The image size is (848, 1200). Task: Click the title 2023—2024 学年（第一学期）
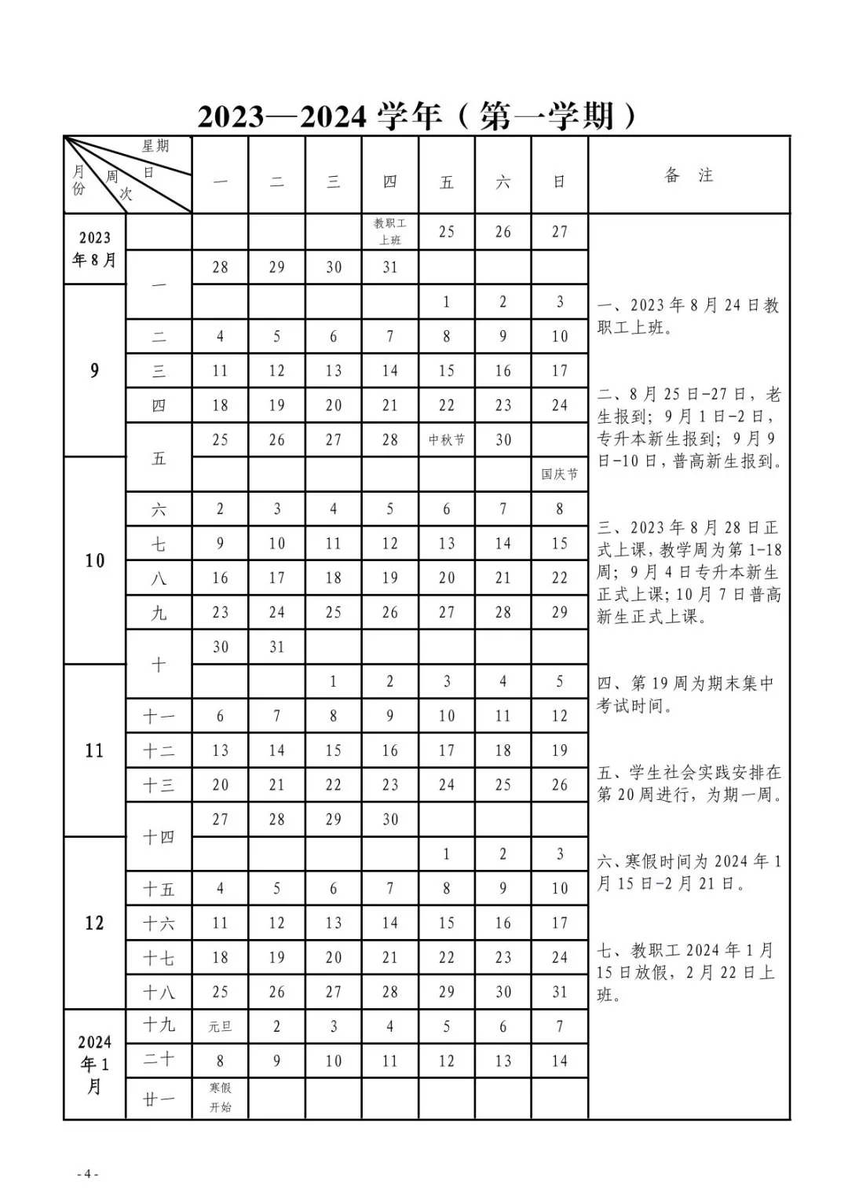[x=417, y=117]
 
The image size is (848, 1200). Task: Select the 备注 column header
[x=689, y=175]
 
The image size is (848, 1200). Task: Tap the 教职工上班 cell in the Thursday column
[x=390, y=232]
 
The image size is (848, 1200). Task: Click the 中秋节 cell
[x=447, y=440]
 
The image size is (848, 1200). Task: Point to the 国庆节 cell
[x=559, y=474]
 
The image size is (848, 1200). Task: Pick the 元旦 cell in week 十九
[x=220, y=1026]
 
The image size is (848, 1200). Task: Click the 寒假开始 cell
[x=220, y=1098]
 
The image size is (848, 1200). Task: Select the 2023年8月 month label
[x=94, y=248]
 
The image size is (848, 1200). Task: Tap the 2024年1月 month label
[x=94, y=1064]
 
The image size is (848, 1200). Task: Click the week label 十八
[x=159, y=993]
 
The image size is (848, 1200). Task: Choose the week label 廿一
[x=159, y=1098]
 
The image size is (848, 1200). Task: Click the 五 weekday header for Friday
[x=447, y=182]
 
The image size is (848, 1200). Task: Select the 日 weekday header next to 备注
[x=559, y=182]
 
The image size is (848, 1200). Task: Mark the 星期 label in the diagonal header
[x=155, y=146]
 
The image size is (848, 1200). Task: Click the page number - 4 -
[x=87, y=1174]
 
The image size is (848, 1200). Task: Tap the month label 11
[x=94, y=750]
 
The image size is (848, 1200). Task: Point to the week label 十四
[x=159, y=837]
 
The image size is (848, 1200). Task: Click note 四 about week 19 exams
[x=685, y=695]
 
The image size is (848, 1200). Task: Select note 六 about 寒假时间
[x=689, y=872]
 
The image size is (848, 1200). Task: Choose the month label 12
[x=94, y=923]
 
